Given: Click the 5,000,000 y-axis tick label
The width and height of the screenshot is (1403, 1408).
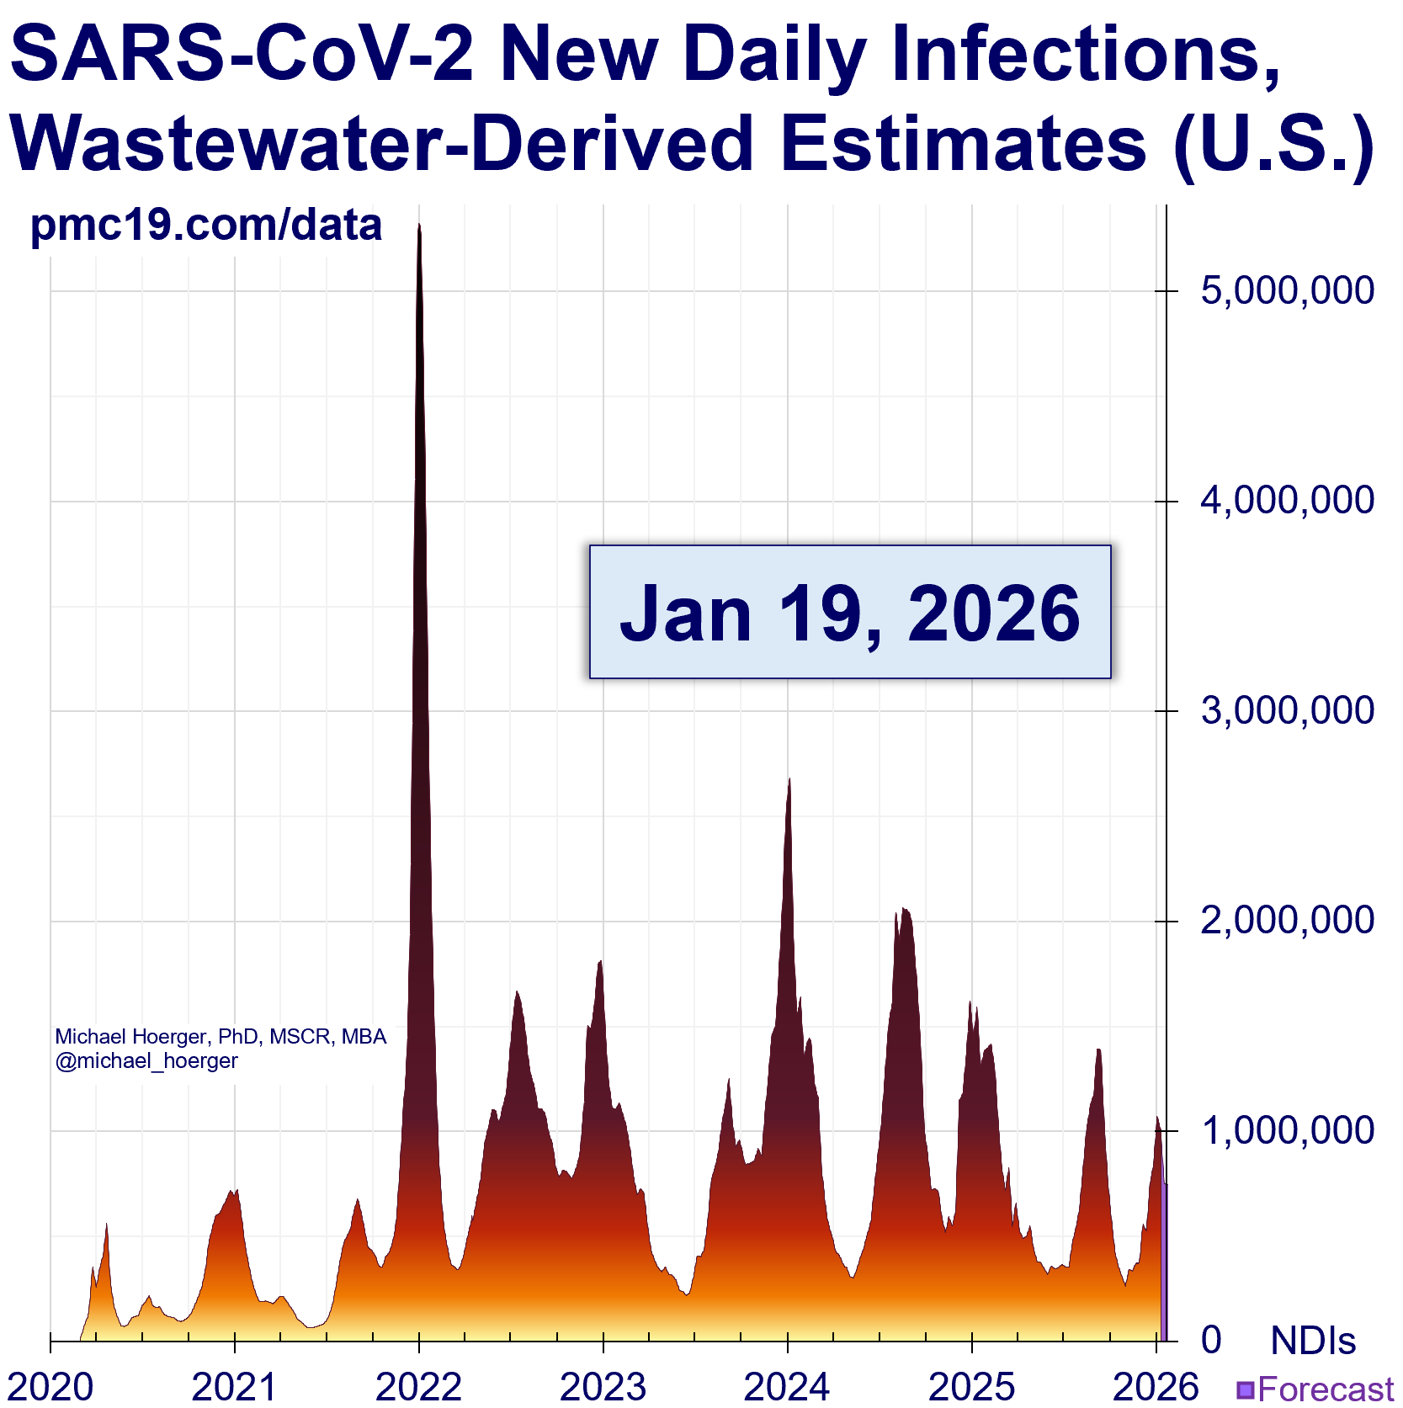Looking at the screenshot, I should click(1287, 291).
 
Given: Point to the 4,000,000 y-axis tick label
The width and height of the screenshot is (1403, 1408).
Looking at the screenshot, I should click(1287, 501).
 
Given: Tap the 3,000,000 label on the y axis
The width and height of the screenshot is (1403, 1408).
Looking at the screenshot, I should click(1287, 711).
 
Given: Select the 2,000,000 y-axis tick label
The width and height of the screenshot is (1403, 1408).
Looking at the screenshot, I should click(1287, 921).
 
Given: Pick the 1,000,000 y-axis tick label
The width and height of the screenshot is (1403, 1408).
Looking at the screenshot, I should click(1287, 1130).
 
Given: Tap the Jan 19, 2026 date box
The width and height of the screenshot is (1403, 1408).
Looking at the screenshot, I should click(850, 612).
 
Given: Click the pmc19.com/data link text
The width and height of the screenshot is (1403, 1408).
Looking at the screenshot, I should click(206, 226).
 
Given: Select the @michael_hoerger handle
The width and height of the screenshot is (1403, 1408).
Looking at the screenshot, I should click(146, 1061).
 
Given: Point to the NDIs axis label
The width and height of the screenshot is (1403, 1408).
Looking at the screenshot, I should click(1313, 1341).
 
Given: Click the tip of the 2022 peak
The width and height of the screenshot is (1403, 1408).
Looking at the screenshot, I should click(419, 226).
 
